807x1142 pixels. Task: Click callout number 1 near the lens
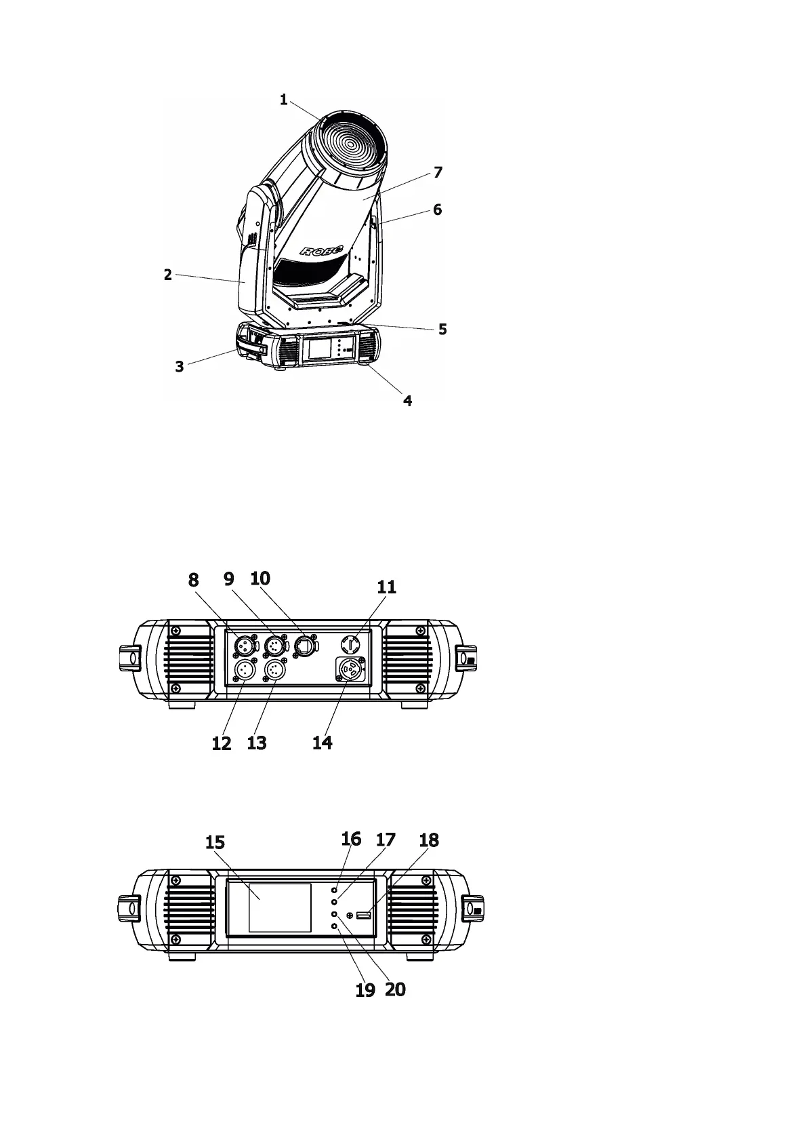pos(284,100)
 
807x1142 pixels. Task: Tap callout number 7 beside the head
pos(438,172)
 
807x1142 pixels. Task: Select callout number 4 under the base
pos(408,400)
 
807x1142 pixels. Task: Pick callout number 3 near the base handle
pos(180,367)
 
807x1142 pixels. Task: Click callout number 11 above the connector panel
pos(386,587)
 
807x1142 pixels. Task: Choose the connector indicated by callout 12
pos(243,671)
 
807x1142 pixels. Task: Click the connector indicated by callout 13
pos(274,671)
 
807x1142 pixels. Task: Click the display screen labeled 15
pos(280,907)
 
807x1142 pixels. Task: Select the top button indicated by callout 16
pos(335,890)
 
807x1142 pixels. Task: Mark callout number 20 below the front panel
pos(395,989)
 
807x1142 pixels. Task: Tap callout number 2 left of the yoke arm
pos(167,275)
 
